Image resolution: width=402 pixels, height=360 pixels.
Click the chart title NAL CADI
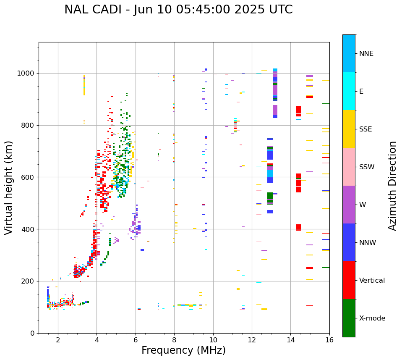178,10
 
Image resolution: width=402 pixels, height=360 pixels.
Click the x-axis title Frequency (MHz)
183,350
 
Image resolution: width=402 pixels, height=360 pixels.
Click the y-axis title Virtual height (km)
9,187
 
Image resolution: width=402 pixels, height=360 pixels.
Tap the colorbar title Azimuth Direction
392,186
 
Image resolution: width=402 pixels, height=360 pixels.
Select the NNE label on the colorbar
366,54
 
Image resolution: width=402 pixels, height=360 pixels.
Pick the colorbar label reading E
361,91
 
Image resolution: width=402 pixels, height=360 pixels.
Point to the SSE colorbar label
365,129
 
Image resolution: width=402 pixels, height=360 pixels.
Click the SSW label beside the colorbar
367,167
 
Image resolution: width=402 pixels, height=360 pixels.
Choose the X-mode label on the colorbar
372,318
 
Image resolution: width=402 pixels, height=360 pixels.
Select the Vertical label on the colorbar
372,280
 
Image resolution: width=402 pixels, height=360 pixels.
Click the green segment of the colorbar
349,318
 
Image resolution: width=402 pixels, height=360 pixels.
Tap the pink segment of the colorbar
349,167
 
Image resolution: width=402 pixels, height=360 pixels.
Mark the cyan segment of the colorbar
349,91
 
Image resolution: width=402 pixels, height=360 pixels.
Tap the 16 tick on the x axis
329,340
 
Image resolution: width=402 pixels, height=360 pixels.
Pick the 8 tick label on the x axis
174,340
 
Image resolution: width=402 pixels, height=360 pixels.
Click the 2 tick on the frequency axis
58,340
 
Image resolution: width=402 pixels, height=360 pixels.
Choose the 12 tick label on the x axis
252,340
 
